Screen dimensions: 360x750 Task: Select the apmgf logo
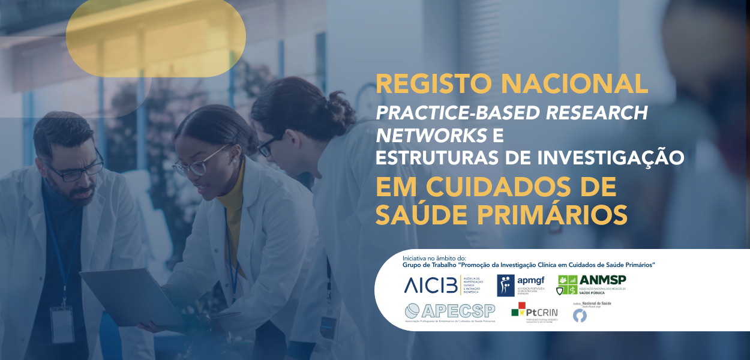520,285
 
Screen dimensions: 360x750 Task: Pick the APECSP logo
450,313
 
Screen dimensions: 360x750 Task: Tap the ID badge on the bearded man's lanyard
62,323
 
